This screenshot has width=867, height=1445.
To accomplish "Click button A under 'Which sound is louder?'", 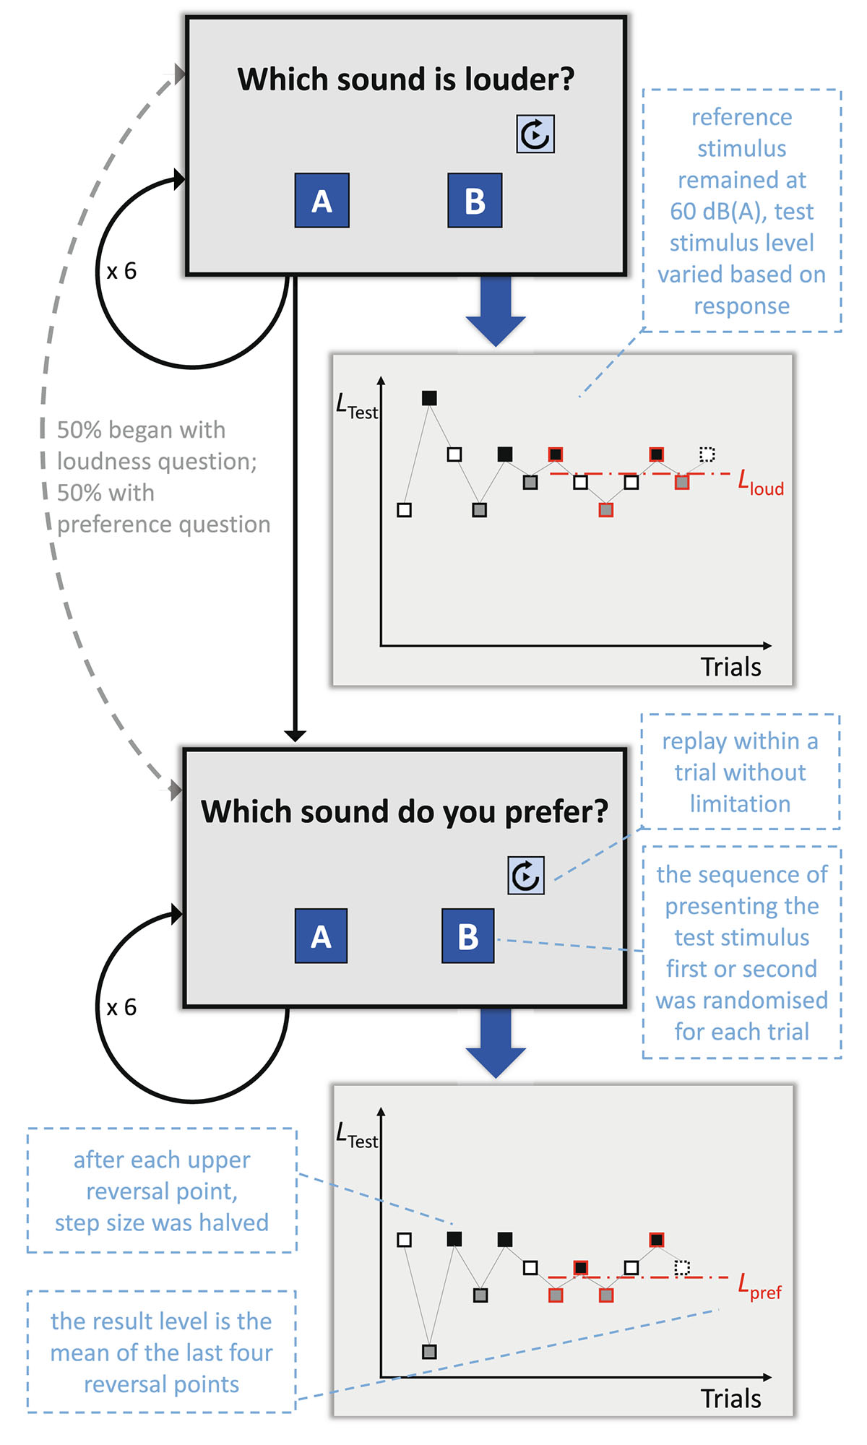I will point(322,201).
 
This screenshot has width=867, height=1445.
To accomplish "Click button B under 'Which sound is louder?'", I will point(475,201).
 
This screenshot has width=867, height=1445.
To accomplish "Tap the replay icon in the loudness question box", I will point(535,134).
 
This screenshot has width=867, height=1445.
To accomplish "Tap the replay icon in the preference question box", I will point(526,876).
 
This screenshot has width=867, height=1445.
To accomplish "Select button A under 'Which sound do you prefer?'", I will point(321,936).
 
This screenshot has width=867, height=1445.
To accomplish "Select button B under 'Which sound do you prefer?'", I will point(468,936).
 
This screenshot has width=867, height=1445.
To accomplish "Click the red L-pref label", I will point(759,1287).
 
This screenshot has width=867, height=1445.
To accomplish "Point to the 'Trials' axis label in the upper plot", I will point(730,667).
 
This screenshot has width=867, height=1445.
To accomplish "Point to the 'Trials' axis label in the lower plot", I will point(730,1399).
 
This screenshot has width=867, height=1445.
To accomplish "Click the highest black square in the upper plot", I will point(429,398).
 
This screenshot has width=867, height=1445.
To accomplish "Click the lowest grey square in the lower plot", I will point(429,1351).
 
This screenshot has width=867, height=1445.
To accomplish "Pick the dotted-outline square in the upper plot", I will point(707,454).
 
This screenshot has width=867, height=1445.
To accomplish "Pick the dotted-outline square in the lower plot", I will point(682,1268).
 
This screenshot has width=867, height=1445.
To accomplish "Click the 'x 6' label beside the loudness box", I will point(121,272).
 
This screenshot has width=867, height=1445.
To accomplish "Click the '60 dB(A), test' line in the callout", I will point(741,212).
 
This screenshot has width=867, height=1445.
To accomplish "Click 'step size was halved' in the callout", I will point(162,1222).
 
